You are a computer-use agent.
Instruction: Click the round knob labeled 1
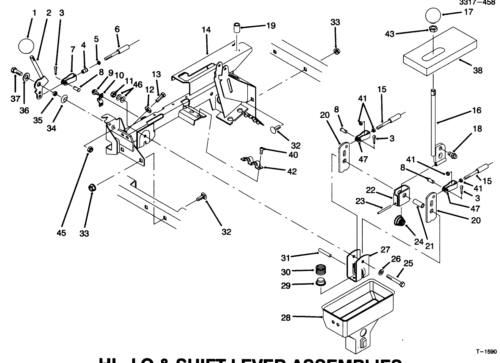click(26, 45)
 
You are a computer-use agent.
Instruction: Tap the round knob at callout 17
click(434, 16)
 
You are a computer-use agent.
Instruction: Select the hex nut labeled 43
click(433, 29)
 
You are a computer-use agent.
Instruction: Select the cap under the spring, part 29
click(320, 282)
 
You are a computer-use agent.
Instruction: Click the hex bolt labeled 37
click(16, 71)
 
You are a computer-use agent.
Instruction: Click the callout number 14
click(206, 30)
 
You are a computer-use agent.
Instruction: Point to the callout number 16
click(476, 110)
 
